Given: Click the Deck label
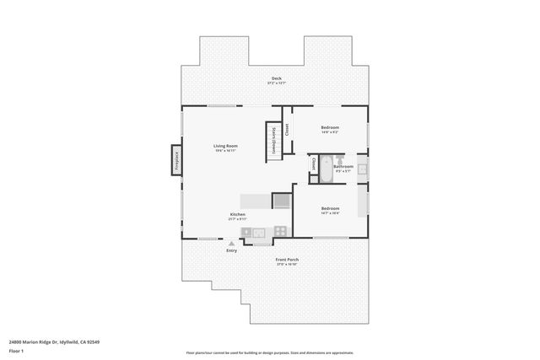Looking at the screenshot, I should (x=275, y=79).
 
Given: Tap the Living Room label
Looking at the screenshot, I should (x=225, y=148).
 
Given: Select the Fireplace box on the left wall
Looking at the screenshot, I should (x=176, y=161).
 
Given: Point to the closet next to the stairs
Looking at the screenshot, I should (x=287, y=130).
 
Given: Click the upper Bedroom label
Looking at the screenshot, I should (x=330, y=130).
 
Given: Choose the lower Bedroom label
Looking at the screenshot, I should (x=330, y=210).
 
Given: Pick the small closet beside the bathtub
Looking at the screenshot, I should (x=314, y=164).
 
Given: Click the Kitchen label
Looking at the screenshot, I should (x=238, y=216).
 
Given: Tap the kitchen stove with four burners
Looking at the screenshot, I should (x=257, y=232).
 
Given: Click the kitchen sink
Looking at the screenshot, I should (x=278, y=231).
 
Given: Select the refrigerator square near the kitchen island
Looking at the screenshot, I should (x=280, y=200).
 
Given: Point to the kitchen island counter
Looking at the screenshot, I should (x=254, y=201).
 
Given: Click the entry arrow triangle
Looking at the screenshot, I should (x=232, y=243).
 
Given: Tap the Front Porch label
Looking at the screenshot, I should (x=287, y=261).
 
